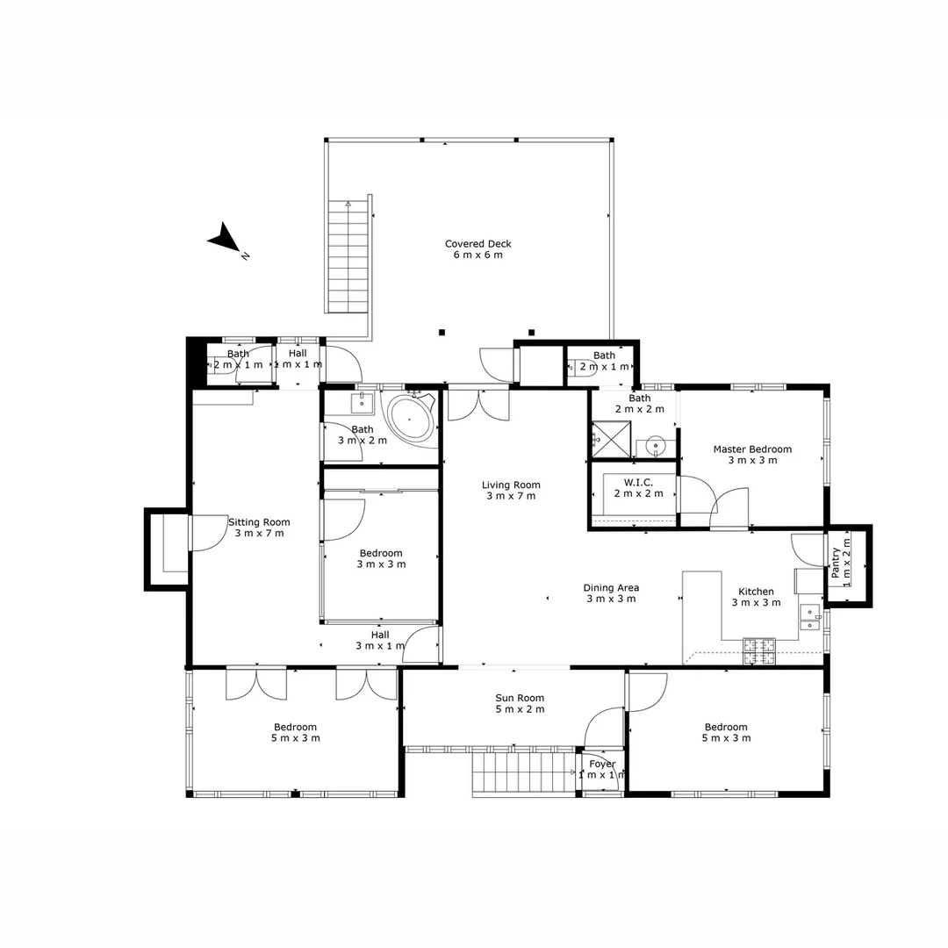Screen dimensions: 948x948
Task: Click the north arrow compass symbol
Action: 225,239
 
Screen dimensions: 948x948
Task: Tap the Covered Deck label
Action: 478,244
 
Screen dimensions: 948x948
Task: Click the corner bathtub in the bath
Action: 411,419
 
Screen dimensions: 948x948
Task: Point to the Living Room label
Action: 511,485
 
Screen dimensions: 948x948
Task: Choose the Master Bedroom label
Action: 751,449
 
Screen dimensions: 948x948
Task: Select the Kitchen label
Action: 755,592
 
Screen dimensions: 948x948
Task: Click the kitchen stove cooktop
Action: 760,650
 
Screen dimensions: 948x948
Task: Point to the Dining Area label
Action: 611,588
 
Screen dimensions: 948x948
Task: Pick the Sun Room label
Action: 520,699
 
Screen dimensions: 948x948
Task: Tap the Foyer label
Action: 602,764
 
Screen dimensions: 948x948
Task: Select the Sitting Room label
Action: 259,522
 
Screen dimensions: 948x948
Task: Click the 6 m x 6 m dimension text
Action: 478,255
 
